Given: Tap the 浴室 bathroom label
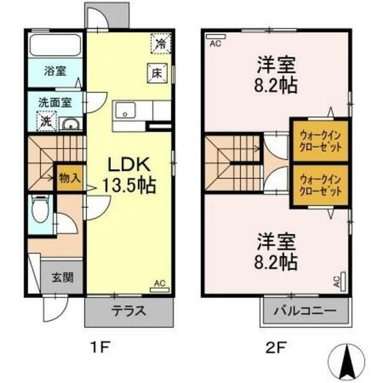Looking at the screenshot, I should (54, 70).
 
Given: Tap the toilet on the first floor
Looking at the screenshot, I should (41, 211).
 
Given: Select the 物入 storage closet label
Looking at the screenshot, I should (70, 177).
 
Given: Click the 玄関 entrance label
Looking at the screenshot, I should (62, 278).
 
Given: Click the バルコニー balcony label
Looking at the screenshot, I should (305, 312).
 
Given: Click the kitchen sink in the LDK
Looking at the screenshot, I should (126, 110).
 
